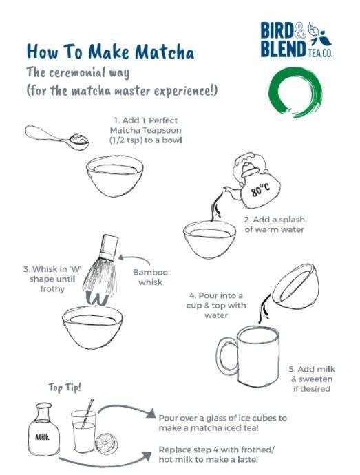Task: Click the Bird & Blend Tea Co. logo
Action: click(x=295, y=41)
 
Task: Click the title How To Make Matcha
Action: click(x=110, y=52)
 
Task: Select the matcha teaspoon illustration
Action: click(x=58, y=137)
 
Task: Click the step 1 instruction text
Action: click(x=138, y=130)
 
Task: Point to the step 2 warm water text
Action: click(x=274, y=224)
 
